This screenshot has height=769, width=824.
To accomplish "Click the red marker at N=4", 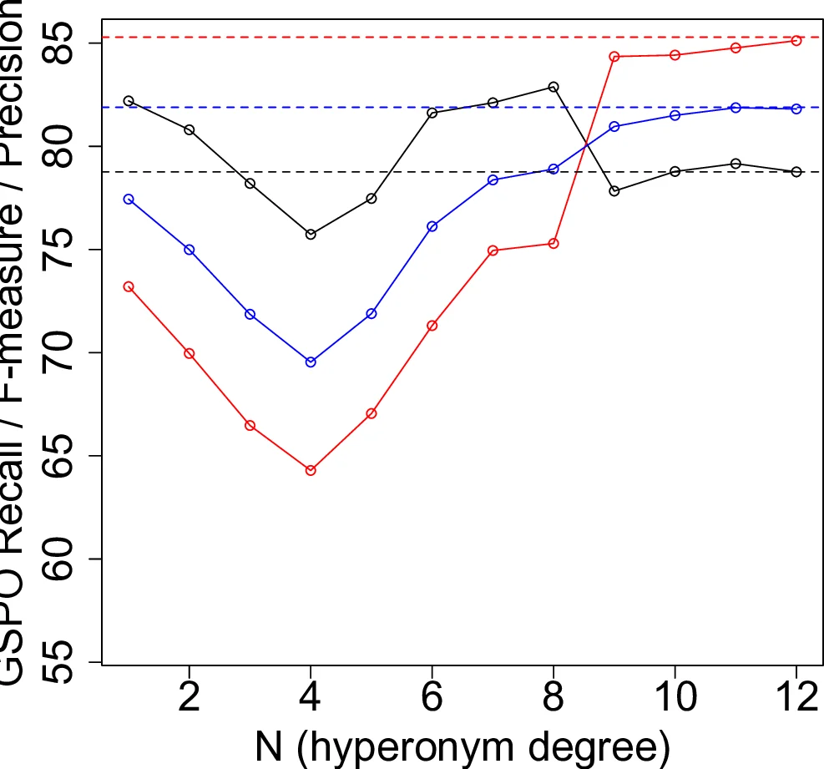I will pos(311,470).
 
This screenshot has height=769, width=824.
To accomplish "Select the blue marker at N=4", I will pos(311,362).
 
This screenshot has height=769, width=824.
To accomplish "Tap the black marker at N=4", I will pos(311,235).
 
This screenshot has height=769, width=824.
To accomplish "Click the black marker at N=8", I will pos(554,87).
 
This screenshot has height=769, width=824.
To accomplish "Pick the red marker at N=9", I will pos(614,57).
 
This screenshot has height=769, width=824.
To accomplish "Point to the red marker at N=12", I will pos(796,40).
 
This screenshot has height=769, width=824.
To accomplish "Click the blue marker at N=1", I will pos(129,199).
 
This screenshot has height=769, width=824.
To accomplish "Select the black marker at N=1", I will pos(129,101).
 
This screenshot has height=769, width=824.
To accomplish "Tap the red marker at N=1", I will pos(129,286).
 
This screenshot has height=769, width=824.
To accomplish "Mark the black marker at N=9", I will pos(614,191).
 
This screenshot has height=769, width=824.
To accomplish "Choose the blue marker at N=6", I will pos(432,226).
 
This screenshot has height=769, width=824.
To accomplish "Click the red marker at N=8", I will pos(554,243).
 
